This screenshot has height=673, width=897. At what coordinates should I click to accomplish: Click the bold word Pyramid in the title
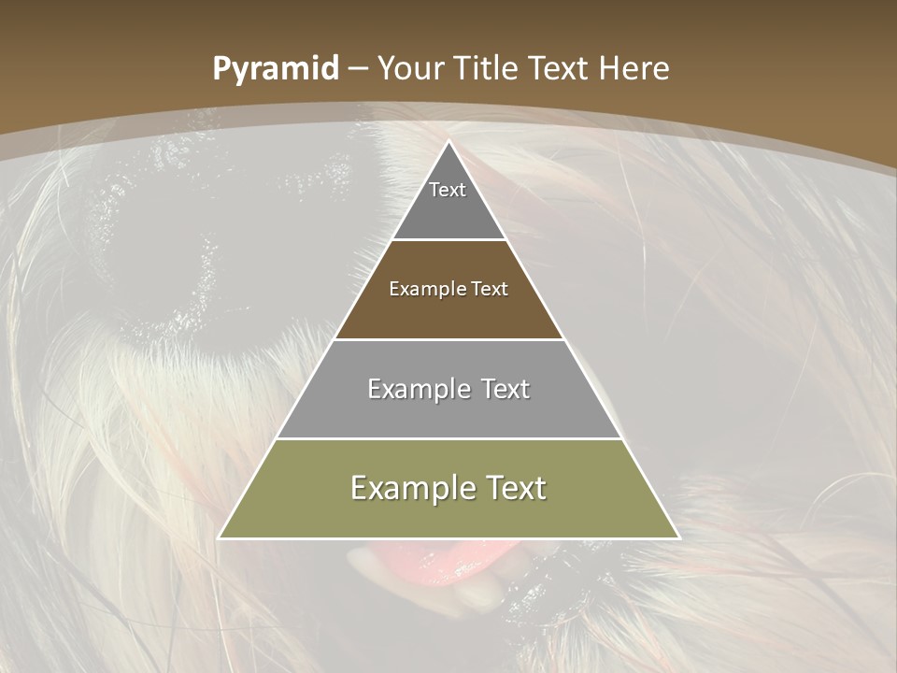(x=276, y=68)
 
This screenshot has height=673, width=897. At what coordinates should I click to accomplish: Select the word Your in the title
(x=410, y=68)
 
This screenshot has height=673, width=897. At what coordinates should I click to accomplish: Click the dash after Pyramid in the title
(x=357, y=69)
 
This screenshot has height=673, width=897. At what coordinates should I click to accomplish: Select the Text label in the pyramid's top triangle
(x=448, y=190)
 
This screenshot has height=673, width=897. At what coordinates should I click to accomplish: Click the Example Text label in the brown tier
(x=448, y=289)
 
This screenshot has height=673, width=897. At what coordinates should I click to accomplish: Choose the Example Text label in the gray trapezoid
(x=448, y=389)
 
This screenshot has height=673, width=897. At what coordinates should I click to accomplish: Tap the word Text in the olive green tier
(x=511, y=488)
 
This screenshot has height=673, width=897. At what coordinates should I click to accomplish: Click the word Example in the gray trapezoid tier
(x=415, y=389)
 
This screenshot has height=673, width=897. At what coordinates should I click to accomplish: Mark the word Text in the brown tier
(x=490, y=289)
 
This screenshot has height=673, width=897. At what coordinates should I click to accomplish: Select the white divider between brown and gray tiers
(x=448, y=339)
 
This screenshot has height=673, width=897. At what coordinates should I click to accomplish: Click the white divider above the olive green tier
(x=448, y=438)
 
